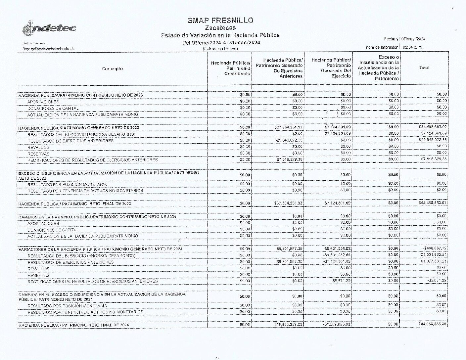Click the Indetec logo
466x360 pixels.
coord(49,29)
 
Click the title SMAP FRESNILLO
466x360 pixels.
coord(220,21)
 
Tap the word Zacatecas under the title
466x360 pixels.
coord(220,28)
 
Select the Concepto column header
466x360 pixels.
coord(112,68)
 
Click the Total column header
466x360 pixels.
coord(424,67)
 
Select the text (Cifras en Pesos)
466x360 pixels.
coord(220,49)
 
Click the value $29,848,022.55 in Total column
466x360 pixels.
coord(434,140)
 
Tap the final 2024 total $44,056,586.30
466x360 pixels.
coord(432,324)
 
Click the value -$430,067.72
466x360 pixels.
coord(435,248)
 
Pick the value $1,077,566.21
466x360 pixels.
coord(434,261)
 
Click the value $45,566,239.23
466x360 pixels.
coord(288,324)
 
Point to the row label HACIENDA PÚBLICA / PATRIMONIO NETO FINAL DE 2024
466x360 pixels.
coord(73,325)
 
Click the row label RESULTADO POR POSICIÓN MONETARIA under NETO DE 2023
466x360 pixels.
coord(67,184)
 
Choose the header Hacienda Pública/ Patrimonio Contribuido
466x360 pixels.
coord(231,68)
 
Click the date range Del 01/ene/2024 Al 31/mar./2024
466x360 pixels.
coord(221,43)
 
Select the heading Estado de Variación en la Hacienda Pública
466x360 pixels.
coord(220,35)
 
